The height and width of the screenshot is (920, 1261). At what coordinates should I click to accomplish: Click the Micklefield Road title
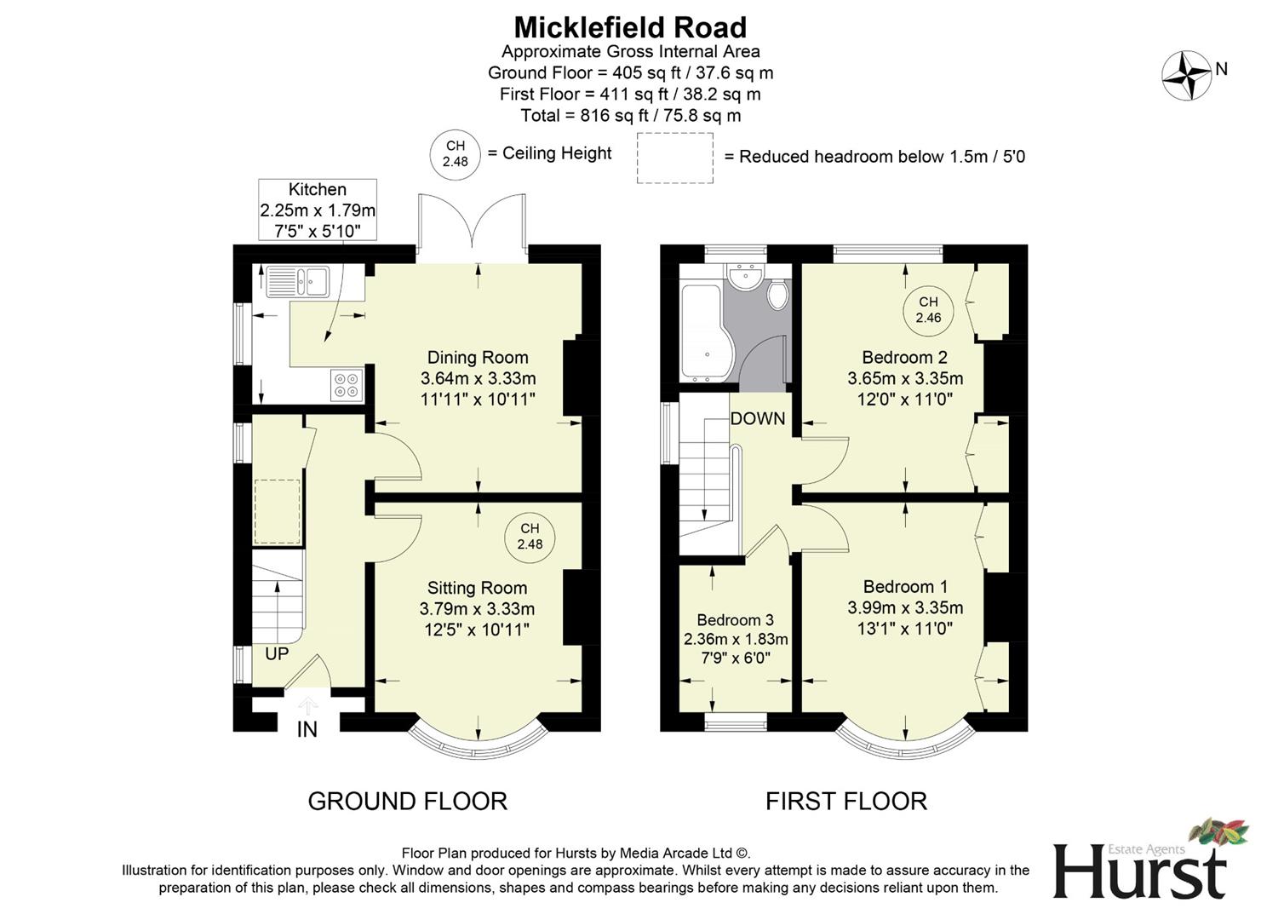pyautogui.click(x=630, y=27)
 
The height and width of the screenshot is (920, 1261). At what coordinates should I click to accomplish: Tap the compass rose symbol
pyautogui.click(x=1186, y=75)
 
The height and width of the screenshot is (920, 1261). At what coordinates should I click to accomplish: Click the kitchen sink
pyautogui.click(x=297, y=280)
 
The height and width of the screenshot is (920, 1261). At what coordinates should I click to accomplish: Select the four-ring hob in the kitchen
pyautogui.click(x=347, y=385)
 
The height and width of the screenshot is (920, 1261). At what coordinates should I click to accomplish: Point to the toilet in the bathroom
pyautogui.click(x=777, y=295)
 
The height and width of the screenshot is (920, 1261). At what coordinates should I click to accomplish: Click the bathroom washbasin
pyautogui.click(x=746, y=277)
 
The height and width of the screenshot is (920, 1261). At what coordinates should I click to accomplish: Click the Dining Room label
pyautogui.click(x=478, y=358)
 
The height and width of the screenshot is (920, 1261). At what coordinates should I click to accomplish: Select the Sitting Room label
pyautogui.click(x=477, y=588)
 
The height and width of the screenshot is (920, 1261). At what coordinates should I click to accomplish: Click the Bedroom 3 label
pyautogui.click(x=735, y=620)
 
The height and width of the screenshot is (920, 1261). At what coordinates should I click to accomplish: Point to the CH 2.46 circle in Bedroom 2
pyautogui.click(x=928, y=310)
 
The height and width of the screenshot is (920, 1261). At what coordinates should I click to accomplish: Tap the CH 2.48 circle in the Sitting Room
pyautogui.click(x=530, y=537)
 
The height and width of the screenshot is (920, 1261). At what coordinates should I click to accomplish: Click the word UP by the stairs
pyautogui.click(x=277, y=654)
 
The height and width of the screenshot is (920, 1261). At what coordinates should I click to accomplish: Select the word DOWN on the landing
pyautogui.click(x=758, y=418)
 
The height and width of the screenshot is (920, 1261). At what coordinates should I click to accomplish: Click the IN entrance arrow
pyautogui.click(x=307, y=707)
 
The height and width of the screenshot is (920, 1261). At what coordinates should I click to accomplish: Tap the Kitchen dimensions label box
pyautogui.click(x=318, y=210)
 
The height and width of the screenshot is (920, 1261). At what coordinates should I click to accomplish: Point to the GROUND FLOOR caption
pyautogui.click(x=407, y=802)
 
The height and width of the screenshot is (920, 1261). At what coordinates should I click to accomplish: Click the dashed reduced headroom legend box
pyautogui.click(x=675, y=158)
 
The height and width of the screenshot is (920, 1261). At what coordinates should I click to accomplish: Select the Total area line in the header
pyautogui.click(x=630, y=115)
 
